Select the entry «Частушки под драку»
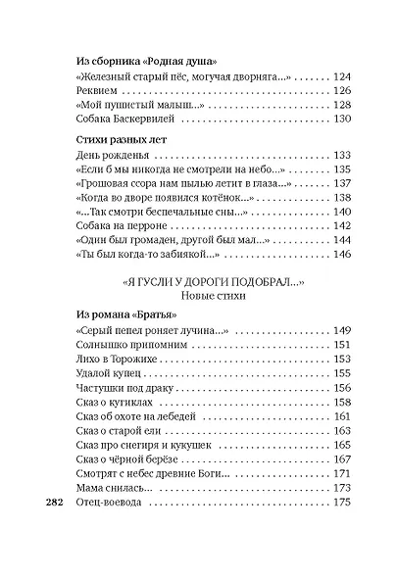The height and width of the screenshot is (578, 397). click(124, 388)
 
